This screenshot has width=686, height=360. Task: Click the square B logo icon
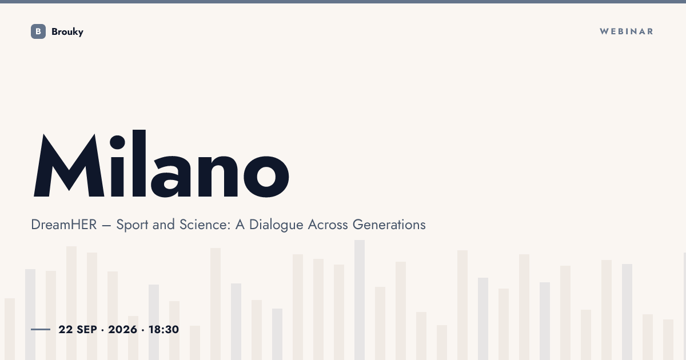point(38,31)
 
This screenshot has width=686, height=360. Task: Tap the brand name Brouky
point(67,32)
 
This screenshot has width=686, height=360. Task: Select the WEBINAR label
point(627,31)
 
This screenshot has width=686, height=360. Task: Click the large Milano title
point(161,164)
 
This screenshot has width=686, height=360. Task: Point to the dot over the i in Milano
point(117,142)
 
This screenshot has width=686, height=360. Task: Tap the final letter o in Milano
point(266,176)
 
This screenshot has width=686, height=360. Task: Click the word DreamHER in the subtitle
point(64,225)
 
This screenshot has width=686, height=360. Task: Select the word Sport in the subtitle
point(132,225)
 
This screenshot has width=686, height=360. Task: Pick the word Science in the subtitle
point(205,225)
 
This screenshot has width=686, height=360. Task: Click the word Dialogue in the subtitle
point(276,225)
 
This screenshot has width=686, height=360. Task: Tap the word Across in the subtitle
point(328,225)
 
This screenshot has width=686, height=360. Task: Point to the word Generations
point(389,225)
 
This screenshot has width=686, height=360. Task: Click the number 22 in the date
point(66,329)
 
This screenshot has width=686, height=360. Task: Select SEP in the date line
point(87,329)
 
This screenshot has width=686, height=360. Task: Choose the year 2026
point(122,329)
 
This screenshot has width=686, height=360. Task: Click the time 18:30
point(163,329)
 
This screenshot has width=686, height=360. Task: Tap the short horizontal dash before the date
point(41,329)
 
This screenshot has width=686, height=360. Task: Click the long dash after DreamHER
point(106,226)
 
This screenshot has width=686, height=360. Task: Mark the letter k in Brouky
point(74,31)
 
